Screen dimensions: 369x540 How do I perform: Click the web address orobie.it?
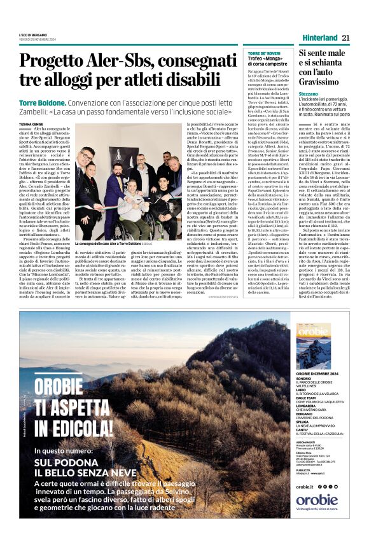305,487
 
